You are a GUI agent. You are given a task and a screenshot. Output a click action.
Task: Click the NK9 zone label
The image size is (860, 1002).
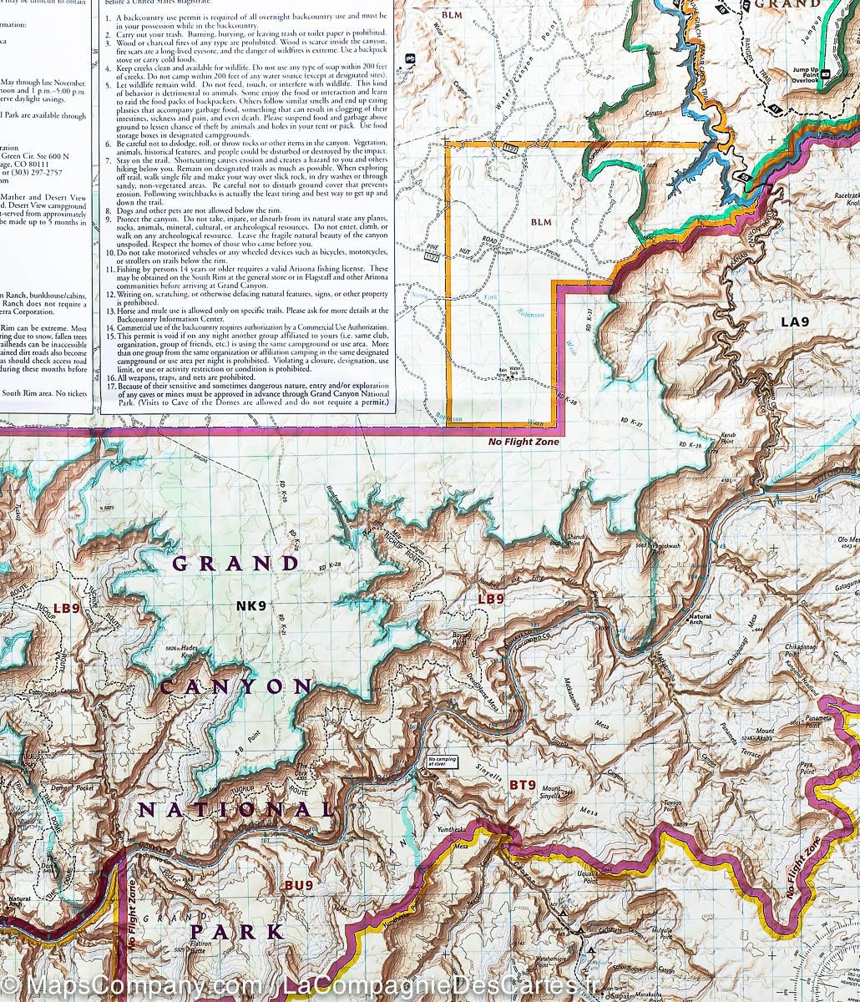tap(250, 606)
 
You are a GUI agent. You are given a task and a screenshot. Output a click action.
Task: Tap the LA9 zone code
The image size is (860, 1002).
tap(795, 321)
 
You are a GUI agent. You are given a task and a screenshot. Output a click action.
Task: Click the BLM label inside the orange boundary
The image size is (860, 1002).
tap(541, 222)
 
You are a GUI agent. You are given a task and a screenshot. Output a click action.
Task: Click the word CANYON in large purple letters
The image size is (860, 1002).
tap(235, 686)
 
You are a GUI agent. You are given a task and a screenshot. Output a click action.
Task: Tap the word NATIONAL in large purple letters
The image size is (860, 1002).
tap(236, 809)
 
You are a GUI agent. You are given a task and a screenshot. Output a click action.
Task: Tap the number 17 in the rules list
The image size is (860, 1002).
tap(110, 386)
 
